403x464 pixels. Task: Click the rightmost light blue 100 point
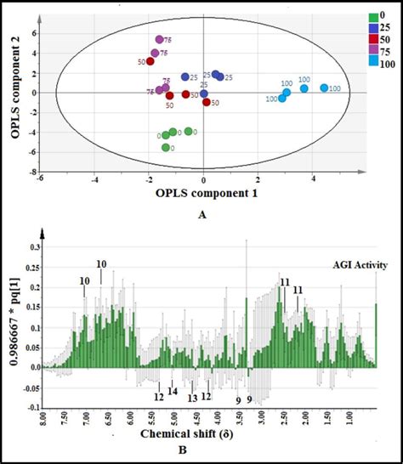pos(324,88)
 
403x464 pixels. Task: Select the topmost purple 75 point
pos(159,39)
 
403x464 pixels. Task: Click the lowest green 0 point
pos(166,147)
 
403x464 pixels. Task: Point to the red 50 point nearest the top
pos(150,61)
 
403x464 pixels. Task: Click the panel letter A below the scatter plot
pos(201,215)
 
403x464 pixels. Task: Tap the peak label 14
pos(173,392)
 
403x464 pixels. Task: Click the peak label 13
pos(192,397)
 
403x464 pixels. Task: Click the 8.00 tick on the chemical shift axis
pos(44,419)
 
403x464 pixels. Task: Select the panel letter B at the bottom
pos(201,455)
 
